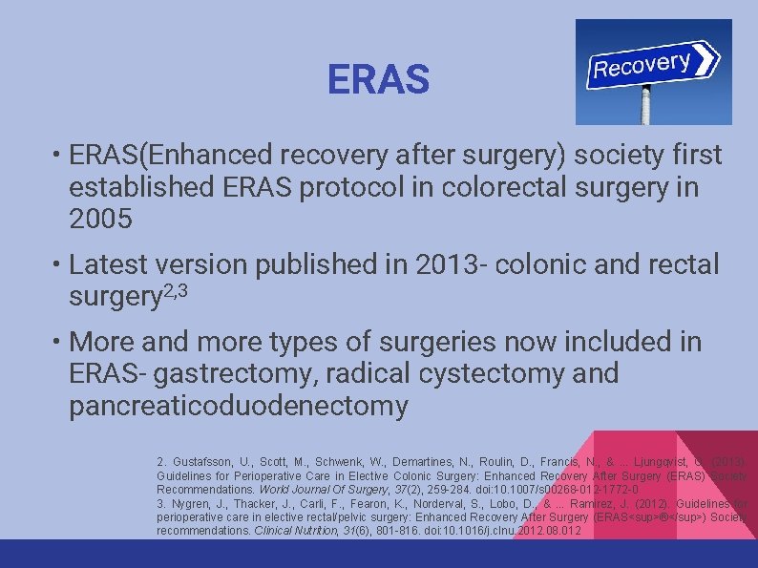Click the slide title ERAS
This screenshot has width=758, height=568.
(378, 80)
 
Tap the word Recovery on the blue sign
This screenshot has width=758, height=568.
(641, 65)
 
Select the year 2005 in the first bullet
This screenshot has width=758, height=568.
(100, 220)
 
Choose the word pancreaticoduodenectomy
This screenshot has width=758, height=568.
(239, 406)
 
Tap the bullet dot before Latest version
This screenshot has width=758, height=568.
(59, 264)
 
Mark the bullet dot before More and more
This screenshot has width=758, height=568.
(59, 342)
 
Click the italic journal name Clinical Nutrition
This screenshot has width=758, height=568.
(298, 530)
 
